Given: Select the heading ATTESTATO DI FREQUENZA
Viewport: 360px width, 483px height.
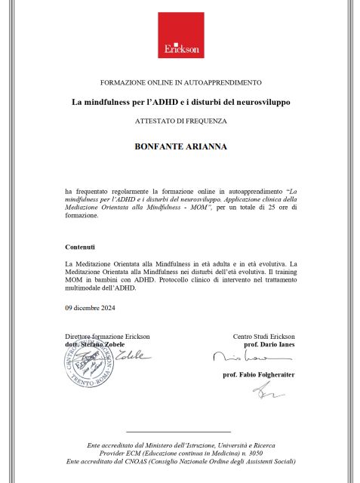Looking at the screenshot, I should (x=180, y=121).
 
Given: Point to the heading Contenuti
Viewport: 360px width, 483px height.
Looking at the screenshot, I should (x=80, y=247).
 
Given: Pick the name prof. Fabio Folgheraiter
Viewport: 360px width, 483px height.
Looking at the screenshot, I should (x=258, y=374).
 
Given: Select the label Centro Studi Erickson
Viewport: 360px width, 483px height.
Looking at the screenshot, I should (x=263, y=336).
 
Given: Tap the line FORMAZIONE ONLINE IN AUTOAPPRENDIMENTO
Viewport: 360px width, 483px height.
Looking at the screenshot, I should (x=180, y=82).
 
